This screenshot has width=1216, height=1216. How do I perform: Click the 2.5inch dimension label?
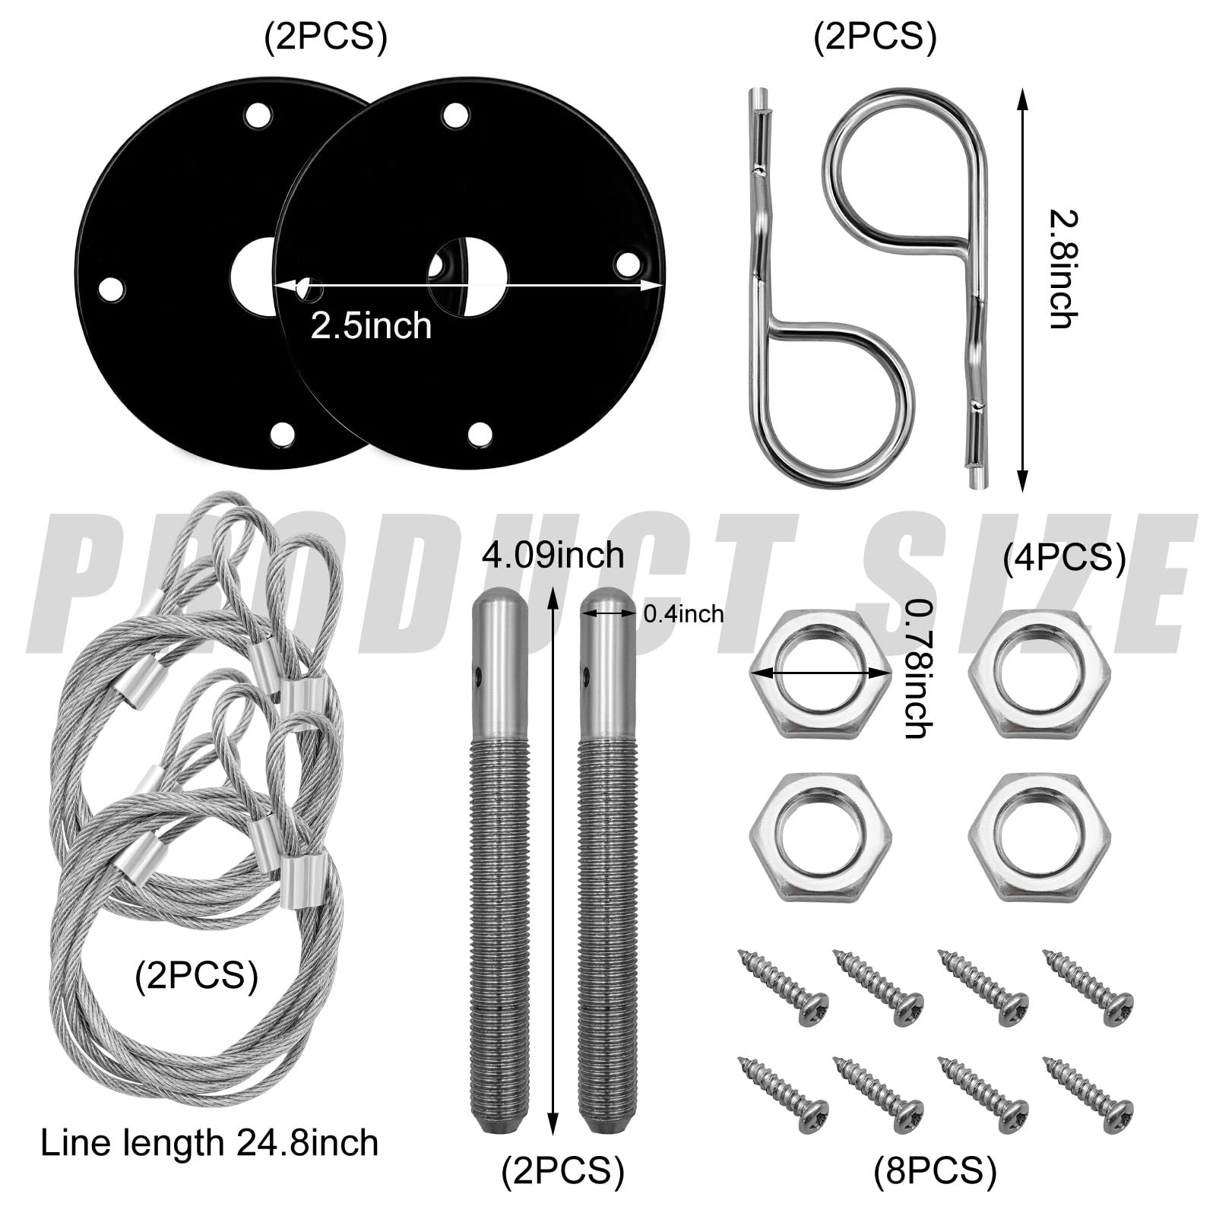point(371,326)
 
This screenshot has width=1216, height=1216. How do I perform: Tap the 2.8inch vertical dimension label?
point(1063,269)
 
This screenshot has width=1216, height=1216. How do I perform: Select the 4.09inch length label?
point(553,555)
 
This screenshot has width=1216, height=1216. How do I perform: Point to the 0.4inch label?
point(683,614)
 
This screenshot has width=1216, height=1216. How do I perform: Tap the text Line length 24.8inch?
point(209,1143)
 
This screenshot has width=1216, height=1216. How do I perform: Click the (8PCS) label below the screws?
point(935,1170)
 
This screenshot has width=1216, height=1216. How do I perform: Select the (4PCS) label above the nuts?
point(1064,559)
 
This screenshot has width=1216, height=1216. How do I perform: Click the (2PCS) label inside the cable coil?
point(196,975)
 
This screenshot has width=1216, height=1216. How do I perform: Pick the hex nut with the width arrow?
point(819,673)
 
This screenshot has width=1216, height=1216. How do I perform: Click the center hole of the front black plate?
point(467,277)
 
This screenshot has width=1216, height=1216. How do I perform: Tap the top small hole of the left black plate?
point(258,116)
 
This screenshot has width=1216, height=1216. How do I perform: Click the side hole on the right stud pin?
point(586,673)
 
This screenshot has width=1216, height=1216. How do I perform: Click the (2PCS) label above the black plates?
point(325,36)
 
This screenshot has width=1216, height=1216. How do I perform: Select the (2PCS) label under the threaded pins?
point(562,1170)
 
